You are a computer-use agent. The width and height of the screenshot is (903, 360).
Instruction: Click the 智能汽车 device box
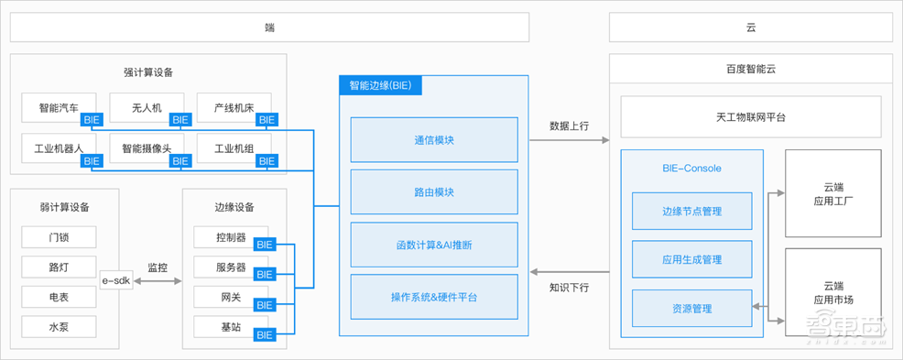[60, 108]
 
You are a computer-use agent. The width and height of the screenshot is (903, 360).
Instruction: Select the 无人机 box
[147, 108]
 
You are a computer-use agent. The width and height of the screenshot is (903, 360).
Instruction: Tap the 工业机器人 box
[60, 148]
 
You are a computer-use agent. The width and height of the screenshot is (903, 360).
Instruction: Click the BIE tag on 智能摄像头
[180, 161]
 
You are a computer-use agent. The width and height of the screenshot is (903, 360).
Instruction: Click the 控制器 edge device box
[231, 238]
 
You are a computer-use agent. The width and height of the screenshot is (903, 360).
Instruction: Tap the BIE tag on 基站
[265, 335]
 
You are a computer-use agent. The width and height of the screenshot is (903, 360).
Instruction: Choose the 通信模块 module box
[433, 141]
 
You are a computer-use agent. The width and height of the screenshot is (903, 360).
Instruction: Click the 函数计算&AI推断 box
[433, 245]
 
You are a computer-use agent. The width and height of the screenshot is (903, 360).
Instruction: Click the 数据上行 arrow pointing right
[570, 141]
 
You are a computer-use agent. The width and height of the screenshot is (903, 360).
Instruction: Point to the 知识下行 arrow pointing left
[570, 271]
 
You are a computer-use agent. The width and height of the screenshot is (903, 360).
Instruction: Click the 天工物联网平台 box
[750, 118]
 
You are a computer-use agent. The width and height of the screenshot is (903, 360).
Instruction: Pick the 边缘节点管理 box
[691, 211]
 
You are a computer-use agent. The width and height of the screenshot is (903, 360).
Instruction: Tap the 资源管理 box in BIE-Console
[691, 308]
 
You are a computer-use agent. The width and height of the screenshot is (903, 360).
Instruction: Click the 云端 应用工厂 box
[833, 193]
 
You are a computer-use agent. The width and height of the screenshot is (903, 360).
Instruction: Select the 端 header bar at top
[270, 27]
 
